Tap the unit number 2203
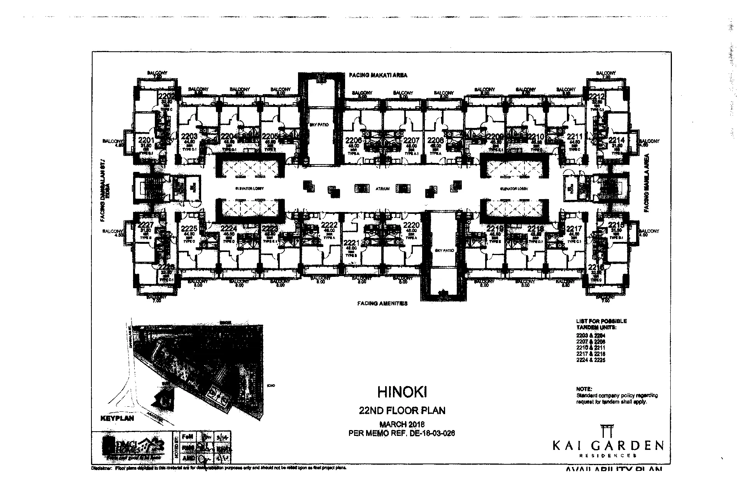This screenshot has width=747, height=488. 189,136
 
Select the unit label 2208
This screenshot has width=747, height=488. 435,140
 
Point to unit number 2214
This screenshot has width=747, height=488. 616,140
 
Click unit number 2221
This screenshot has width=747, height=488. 351,243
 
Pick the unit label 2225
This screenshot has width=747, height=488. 189,229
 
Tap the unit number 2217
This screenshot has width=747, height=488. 574,229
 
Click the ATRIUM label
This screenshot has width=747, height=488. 382,189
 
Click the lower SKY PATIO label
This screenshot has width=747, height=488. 444,251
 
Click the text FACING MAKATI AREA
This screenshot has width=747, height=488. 378,75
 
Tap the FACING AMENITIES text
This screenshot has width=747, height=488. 382,303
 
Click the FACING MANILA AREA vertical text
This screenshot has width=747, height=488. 647,183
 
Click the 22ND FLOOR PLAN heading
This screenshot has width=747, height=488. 402,410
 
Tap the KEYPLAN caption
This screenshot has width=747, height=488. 117,418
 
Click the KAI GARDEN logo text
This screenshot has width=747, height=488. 608,445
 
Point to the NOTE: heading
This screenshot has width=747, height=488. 584,389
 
